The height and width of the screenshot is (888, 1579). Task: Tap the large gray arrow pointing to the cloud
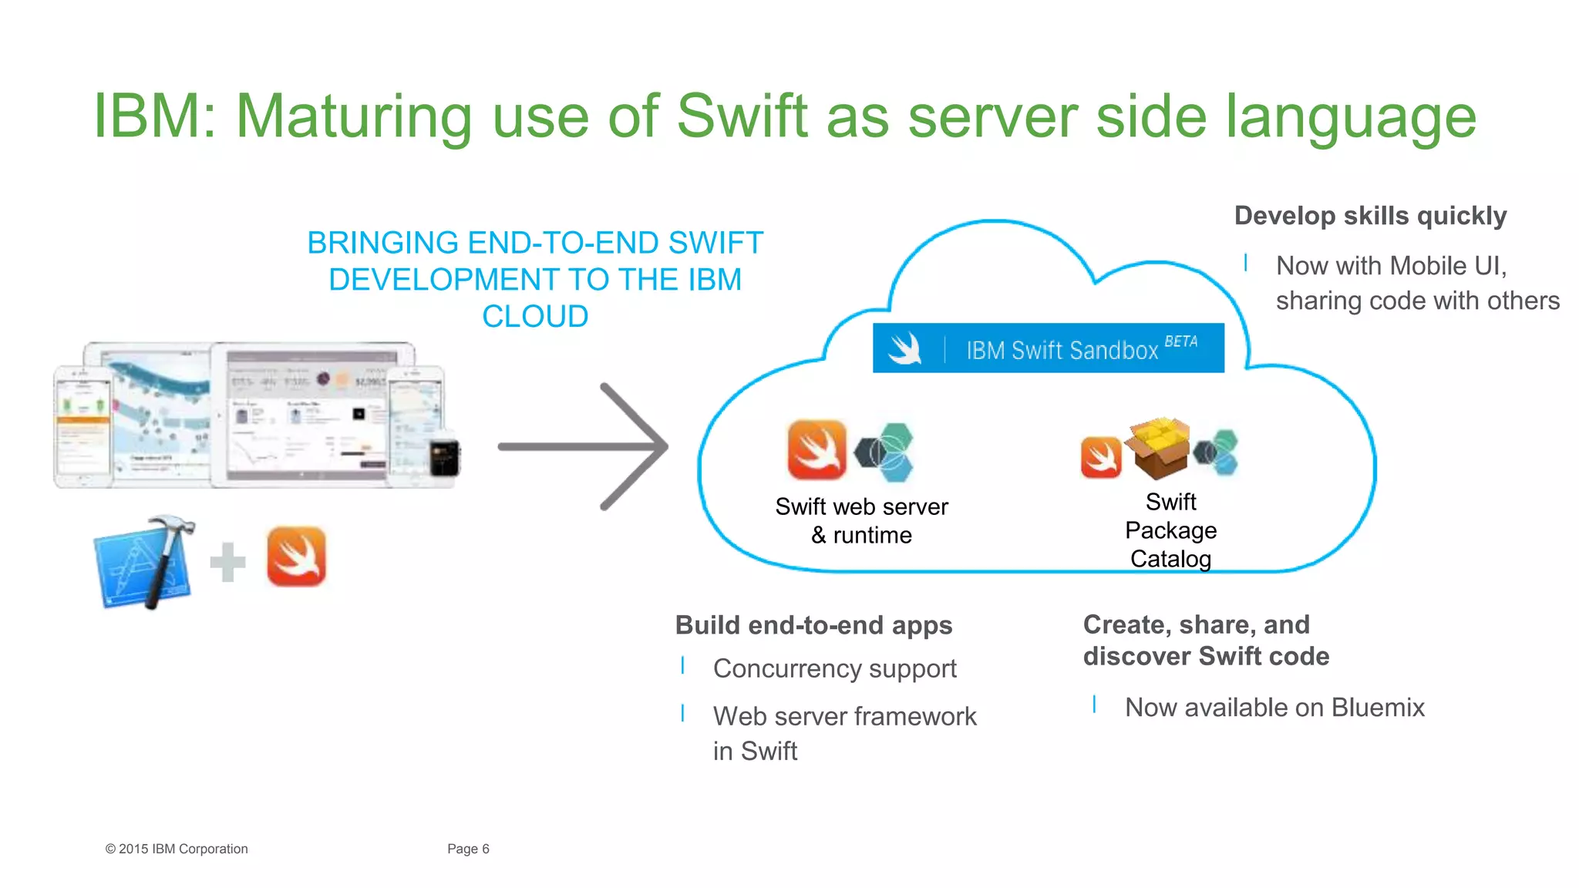pos(586,446)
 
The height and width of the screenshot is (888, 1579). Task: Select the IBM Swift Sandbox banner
pos(1048,348)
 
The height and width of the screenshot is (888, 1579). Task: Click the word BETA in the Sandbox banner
pos(1180,341)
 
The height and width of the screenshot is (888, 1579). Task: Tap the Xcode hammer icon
pos(144,562)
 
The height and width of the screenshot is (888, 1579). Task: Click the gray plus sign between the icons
pos(227,562)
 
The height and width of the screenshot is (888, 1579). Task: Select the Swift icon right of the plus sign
pos(296,557)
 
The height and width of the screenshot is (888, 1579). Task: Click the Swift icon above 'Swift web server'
pos(816,449)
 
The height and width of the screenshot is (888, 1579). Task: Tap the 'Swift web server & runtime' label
pos(861,520)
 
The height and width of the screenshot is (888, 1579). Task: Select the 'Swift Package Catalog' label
pos(1170,530)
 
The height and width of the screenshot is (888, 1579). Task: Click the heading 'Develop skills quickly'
pos(1370,216)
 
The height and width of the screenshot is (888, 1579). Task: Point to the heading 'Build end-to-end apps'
pos(813,625)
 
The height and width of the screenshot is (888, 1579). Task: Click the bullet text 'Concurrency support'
pos(834,668)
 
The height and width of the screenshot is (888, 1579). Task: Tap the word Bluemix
pos(1378,708)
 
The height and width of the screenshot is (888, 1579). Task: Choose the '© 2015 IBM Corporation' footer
pos(177,849)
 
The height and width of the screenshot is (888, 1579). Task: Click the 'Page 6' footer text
pos(468,849)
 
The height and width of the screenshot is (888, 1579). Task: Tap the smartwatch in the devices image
pos(444,457)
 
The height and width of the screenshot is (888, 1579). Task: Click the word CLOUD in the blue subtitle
pos(535,316)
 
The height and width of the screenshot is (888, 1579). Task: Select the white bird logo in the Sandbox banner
pos(905,348)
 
